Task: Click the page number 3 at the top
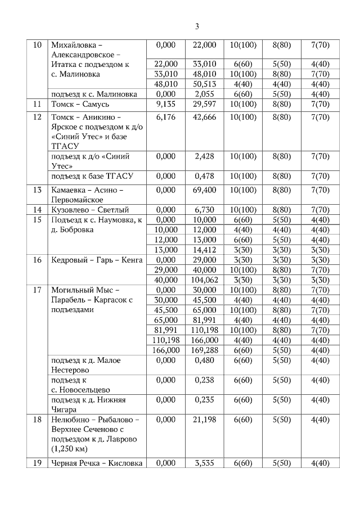point(197,26)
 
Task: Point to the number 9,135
point(166,104)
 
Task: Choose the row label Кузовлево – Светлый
point(90,210)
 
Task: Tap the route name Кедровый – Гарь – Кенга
point(97,260)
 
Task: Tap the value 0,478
point(205,177)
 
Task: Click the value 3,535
point(205,463)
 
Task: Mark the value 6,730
point(205,210)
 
